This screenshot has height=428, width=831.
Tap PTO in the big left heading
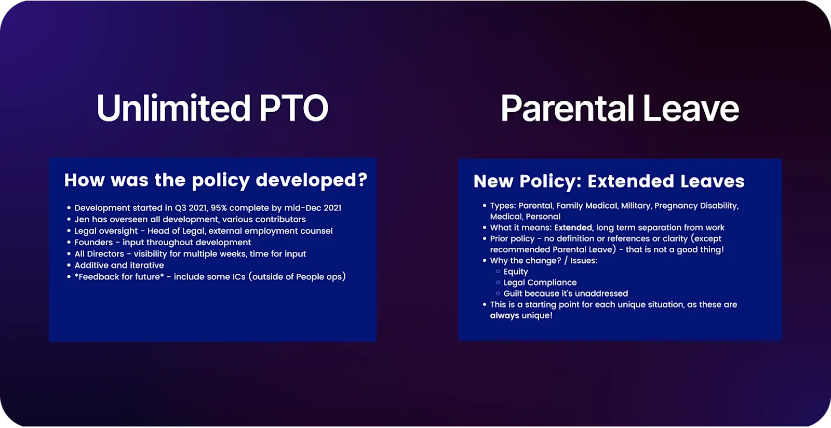293,109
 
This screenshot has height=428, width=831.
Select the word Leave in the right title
690,109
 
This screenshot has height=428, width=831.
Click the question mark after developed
362,180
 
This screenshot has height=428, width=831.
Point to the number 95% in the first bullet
219,208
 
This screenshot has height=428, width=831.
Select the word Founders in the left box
93,242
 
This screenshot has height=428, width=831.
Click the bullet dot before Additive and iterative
69,265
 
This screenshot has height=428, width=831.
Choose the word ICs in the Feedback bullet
238,277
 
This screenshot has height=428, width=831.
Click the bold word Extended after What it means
573,228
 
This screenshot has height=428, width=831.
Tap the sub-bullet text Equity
515,272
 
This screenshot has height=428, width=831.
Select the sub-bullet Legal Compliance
540,283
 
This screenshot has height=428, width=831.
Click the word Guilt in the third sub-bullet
513,293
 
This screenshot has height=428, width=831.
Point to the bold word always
504,315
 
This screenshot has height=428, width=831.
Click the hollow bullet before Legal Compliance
498,283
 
